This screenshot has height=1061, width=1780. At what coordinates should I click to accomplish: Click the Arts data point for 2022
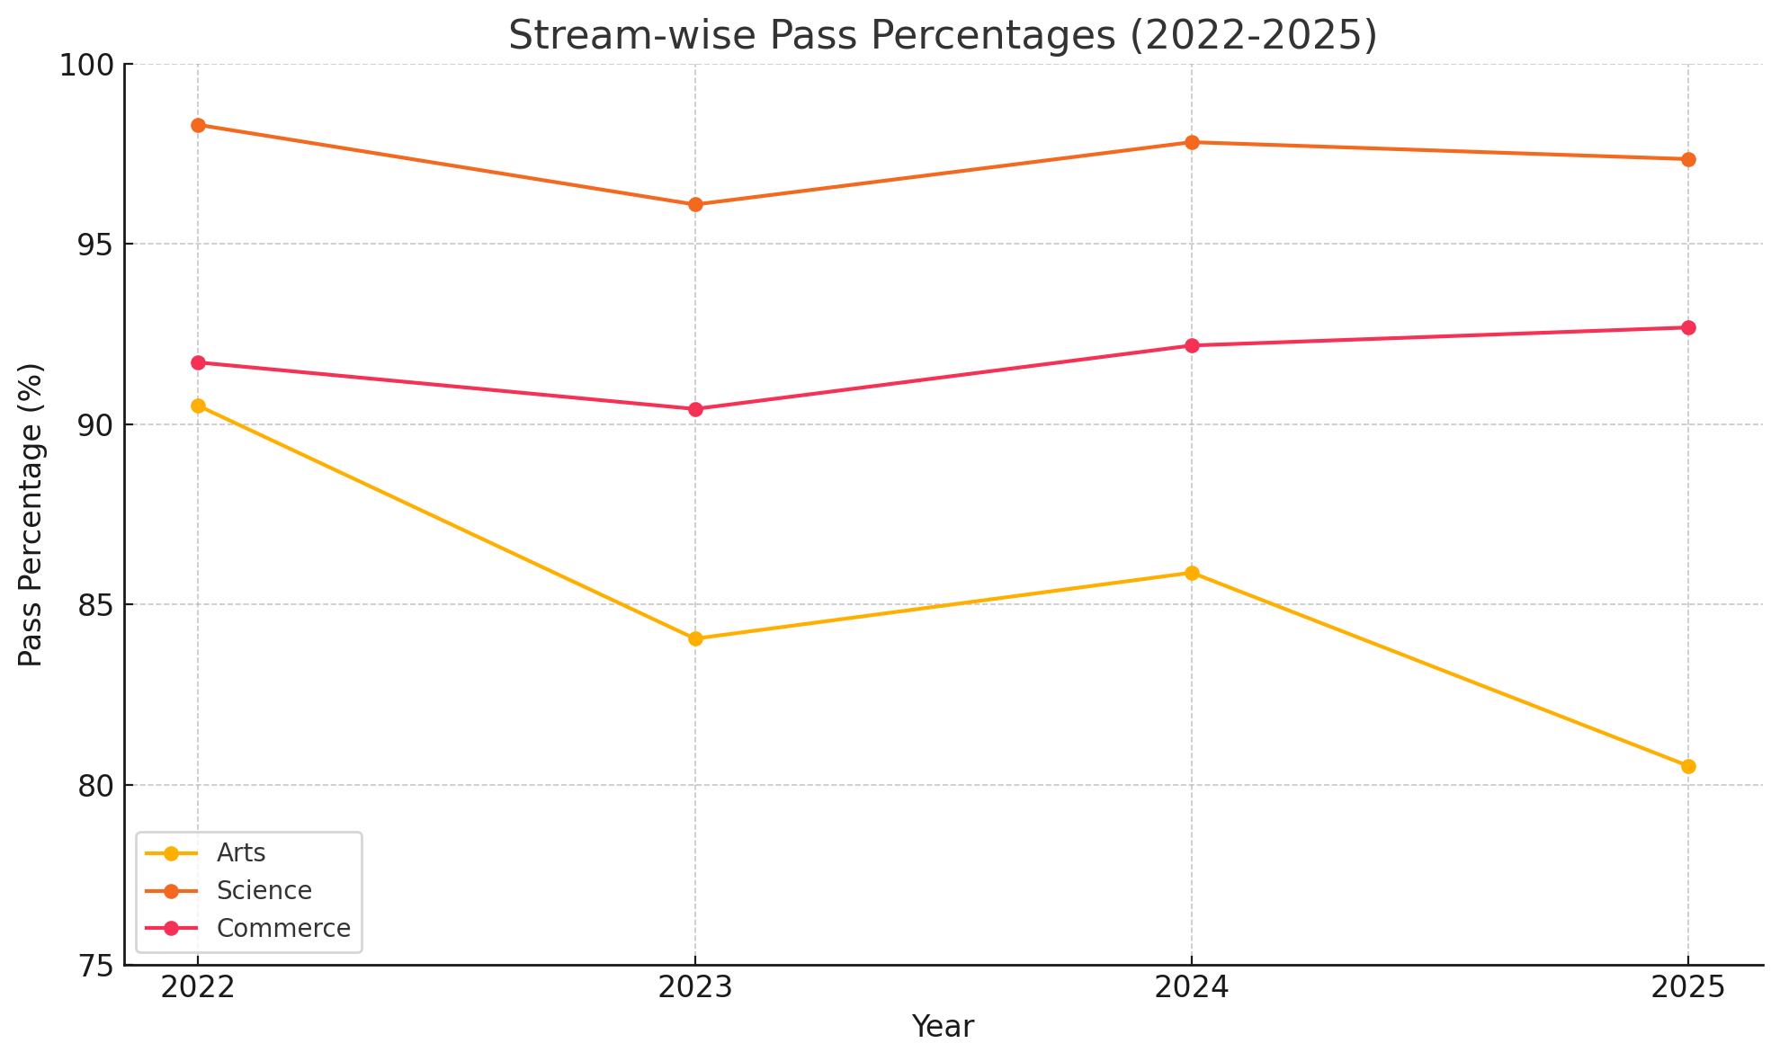198,406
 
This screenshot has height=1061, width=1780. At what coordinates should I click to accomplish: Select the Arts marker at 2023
695,638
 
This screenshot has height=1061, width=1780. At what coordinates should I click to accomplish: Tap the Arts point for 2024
1192,573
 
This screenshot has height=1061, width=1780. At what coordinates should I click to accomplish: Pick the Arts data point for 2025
1688,766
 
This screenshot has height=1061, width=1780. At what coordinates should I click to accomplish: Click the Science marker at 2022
198,125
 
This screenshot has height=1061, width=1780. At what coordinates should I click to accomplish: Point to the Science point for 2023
695,204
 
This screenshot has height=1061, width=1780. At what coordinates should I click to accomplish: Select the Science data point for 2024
1192,142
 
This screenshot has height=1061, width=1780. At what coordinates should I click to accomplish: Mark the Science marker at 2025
1688,159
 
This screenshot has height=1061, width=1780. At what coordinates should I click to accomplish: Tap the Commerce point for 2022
198,362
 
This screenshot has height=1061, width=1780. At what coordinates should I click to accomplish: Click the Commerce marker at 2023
695,409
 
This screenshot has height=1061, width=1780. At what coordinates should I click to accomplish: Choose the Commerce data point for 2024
1192,345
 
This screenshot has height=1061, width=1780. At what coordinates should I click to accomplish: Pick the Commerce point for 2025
1688,327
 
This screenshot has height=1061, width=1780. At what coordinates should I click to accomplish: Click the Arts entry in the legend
240,852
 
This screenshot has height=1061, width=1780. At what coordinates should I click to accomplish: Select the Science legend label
264,890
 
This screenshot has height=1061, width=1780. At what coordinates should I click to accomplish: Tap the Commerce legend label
283,928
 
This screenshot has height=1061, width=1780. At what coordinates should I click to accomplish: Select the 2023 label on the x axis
695,988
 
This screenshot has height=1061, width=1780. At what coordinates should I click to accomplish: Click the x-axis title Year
943,1027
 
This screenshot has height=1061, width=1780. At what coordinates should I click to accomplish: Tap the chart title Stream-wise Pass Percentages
943,35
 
